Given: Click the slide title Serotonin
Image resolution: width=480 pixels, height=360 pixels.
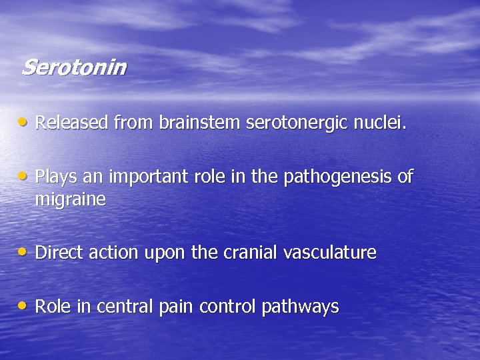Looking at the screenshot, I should pyautogui.click(x=73, y=67).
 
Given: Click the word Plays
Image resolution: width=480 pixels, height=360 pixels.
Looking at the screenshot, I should pyautogui.click(x=54, y=177).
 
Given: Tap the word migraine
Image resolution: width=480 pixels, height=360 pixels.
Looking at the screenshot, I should pyautogui.click(x=70, y=200).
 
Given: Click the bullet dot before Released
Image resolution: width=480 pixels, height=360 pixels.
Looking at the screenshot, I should pyautogui.click(x=24, y=122).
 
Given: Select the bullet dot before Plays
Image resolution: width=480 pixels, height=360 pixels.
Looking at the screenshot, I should pyautogui.click(x=24, y=177).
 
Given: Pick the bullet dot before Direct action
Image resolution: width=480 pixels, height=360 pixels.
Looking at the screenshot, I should pyautogui.click(x=24, y=252).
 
